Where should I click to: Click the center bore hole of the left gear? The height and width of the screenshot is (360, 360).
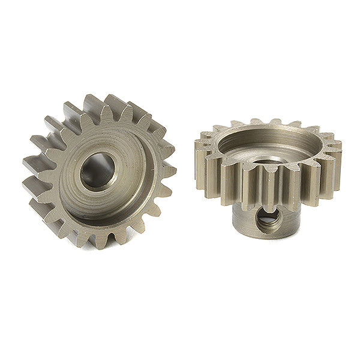tap(98, 172)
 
